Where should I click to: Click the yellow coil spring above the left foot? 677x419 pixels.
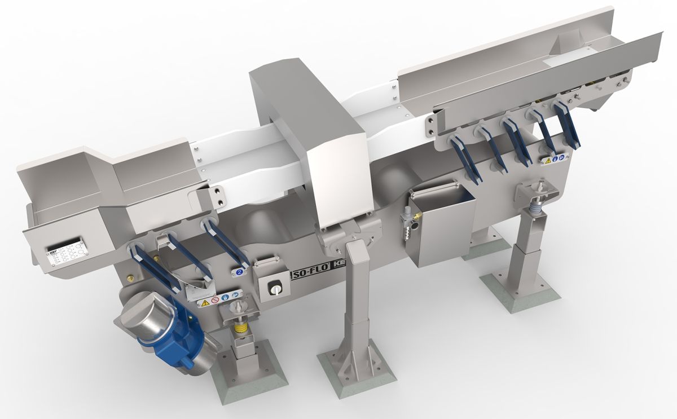tap(242, 327)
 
